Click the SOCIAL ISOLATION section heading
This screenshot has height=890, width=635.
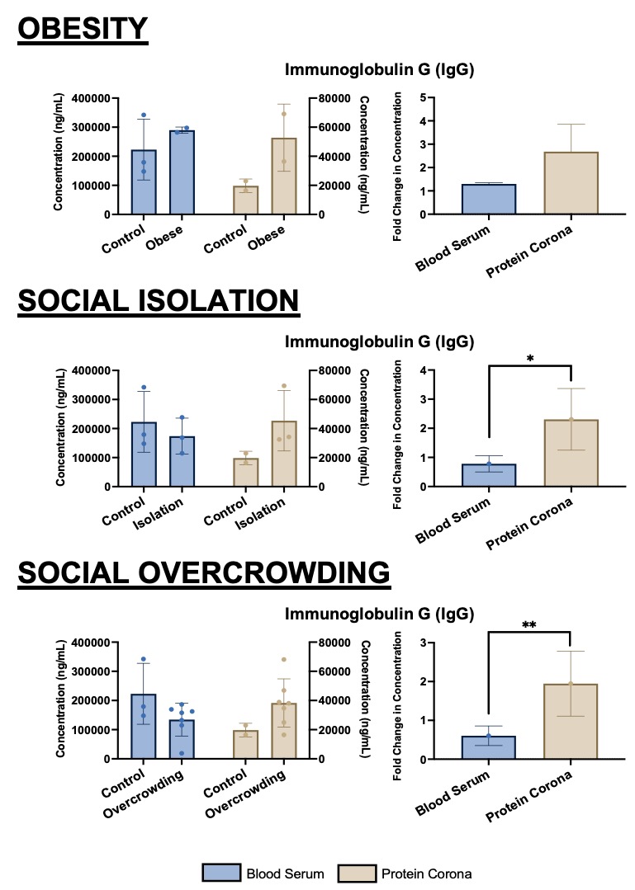(159, 301)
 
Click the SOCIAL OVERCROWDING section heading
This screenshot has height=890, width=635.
(203, 572)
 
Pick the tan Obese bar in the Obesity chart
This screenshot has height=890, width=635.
(283, 177)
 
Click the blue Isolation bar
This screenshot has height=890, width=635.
(182, 462)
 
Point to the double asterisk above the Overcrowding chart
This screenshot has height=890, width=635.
(529, 625)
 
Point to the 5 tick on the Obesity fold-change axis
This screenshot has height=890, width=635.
(422, 98)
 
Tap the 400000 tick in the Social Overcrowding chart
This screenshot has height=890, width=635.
(92, 643)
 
